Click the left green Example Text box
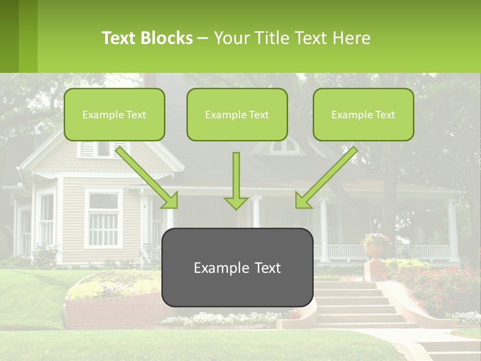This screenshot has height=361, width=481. (x=114, y=115)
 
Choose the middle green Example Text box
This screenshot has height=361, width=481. (x=237, y=115)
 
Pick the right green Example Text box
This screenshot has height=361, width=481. (x=363, y=115)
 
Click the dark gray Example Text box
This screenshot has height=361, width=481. (x=237, y=268)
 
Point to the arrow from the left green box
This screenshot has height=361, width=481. (x=148, y=177)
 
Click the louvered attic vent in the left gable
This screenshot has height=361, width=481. (x=87, y=149)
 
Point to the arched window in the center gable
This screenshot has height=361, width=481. (x=284, y=146)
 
